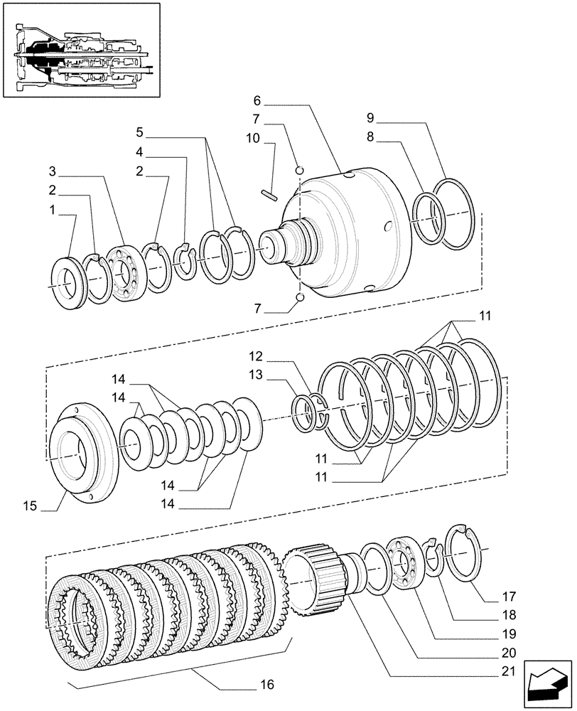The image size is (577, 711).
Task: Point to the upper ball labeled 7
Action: (301, 170)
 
